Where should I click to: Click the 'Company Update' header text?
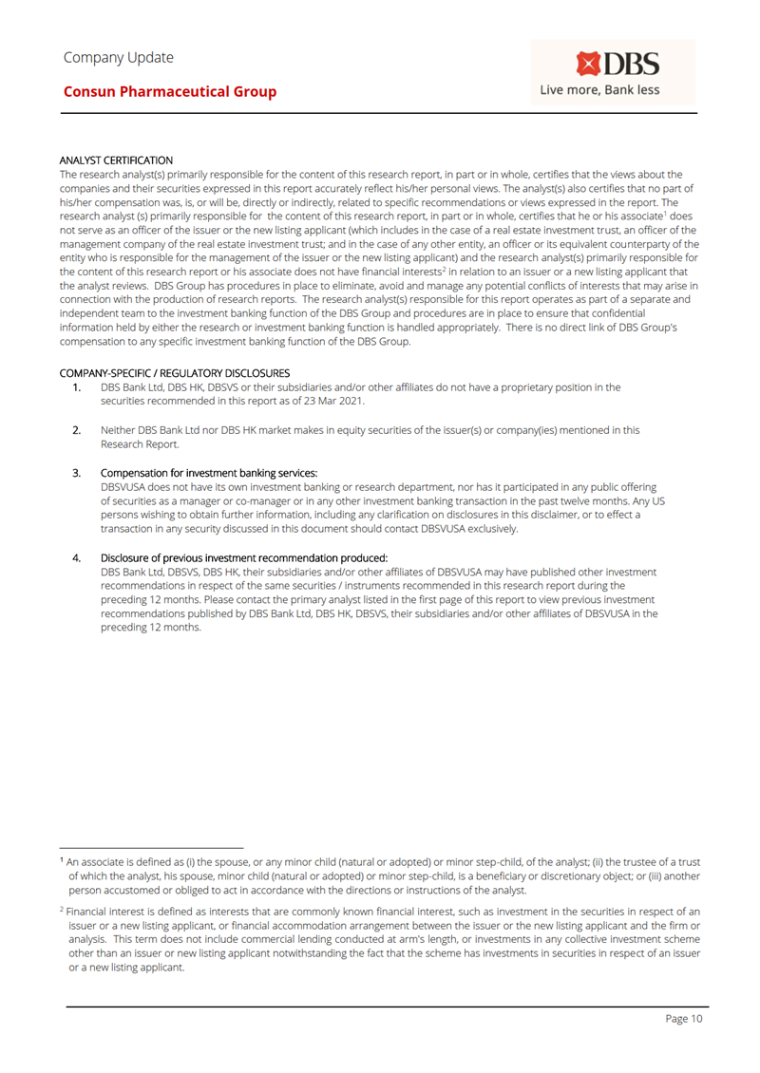(x=119, y=57)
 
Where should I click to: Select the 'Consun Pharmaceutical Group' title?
(x=170, y=92)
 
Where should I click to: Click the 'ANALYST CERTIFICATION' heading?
(x=116, y=160)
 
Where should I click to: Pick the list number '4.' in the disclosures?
(x=77, y=557)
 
